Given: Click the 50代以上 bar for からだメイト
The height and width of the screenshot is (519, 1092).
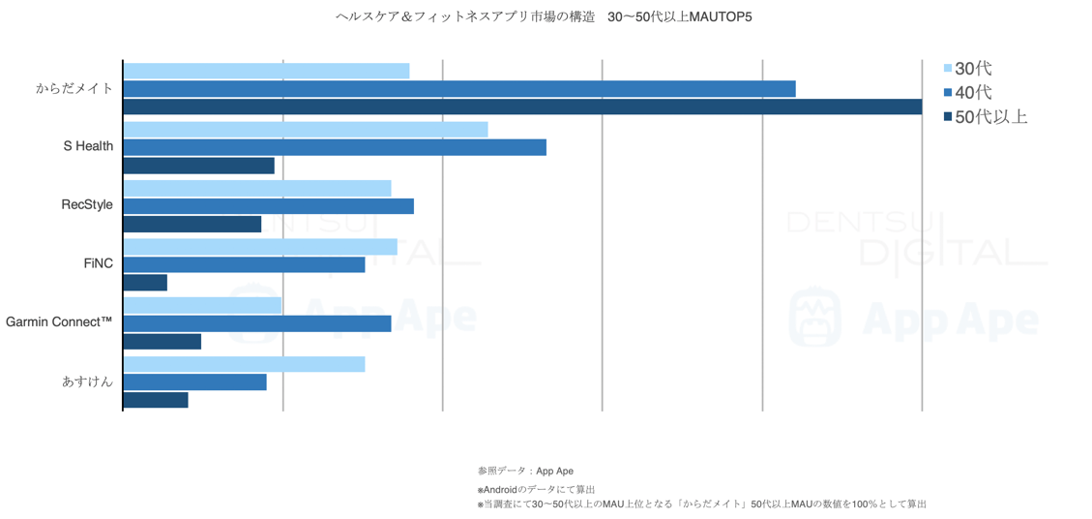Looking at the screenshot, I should point(522,107).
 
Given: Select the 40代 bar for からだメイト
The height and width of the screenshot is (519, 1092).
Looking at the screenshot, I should point(459,89).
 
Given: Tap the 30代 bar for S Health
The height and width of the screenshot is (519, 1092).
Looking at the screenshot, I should point(306,130).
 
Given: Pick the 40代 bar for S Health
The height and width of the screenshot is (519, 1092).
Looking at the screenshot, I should point(335,147).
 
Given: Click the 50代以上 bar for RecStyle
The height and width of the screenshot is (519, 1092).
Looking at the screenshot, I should point(192,224).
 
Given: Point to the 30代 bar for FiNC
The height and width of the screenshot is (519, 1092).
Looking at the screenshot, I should point(260,247).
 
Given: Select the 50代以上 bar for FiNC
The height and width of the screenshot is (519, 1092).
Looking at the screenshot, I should point(145,283).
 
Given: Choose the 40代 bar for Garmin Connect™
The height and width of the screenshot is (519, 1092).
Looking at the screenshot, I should point(257,323).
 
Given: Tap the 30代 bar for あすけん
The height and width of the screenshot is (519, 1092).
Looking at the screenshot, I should point(244,364).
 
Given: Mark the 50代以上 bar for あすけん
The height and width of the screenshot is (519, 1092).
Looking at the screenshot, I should point(156,400).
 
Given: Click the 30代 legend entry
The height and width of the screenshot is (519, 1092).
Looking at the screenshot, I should point(971,69).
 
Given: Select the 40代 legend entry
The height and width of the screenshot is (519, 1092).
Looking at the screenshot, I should point(971,93).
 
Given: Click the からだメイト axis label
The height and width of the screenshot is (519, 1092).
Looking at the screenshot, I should point(74,88).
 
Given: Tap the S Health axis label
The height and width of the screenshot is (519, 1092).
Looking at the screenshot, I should point(88,146).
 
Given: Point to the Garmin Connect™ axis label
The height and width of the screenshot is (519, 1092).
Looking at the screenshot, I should point(59,321).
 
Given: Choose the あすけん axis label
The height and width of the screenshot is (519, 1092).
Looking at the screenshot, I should point(87,382).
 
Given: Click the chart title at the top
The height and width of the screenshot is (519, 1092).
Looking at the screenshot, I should point(543,17).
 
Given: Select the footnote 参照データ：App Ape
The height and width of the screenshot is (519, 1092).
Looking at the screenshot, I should point(525,472).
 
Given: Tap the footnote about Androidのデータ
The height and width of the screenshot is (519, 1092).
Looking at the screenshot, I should point(537,489).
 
